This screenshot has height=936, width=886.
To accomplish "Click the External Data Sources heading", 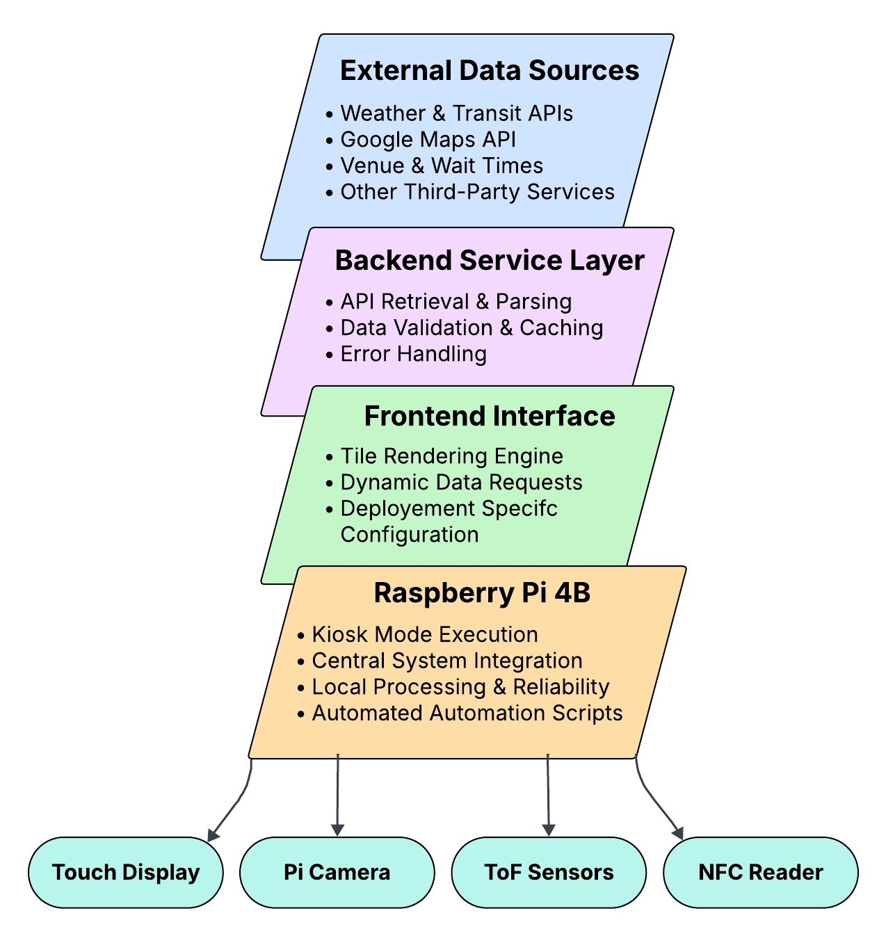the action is (x=489, y=70).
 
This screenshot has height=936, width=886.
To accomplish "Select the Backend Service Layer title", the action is (x=489, y=260).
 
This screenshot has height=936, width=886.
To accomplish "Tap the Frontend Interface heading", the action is (x=489, y=416).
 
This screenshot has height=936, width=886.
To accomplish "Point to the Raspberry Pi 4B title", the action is (x=482, y=592).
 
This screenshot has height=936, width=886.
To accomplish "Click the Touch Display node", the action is (x=125, y=872).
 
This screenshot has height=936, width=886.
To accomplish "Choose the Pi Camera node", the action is (x=337, y=872).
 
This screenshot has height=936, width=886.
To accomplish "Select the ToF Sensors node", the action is (x=549, y=872).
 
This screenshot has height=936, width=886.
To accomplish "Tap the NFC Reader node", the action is (x=760, y=872).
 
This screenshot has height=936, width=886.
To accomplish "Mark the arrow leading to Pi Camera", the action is (x=337, y=795).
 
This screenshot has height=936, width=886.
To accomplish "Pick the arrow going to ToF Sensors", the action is (x=548, y=795).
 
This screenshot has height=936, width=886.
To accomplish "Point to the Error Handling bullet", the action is (x=406, y=354).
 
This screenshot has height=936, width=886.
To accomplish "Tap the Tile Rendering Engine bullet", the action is (x=444, y=455).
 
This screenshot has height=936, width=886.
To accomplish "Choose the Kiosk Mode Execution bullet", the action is (x=417, y=634).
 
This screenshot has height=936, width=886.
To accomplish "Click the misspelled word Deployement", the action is (x=407, y=508).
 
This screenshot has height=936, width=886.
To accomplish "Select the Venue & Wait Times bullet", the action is (x=434, y=166).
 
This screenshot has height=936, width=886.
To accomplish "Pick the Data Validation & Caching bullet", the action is (x=464, y=328).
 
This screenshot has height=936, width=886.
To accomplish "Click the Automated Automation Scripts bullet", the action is (x=460, y=713).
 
